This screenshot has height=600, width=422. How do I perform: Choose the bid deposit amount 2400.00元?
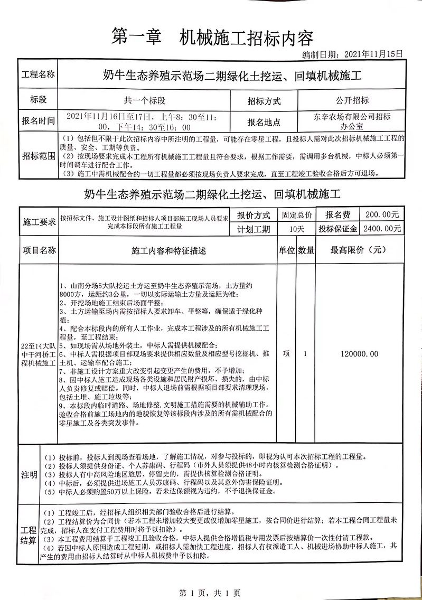[x=382, y=229]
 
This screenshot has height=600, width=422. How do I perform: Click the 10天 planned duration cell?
[x=296, y=229]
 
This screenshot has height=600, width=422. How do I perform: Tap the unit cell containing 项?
[x=286, y=354]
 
